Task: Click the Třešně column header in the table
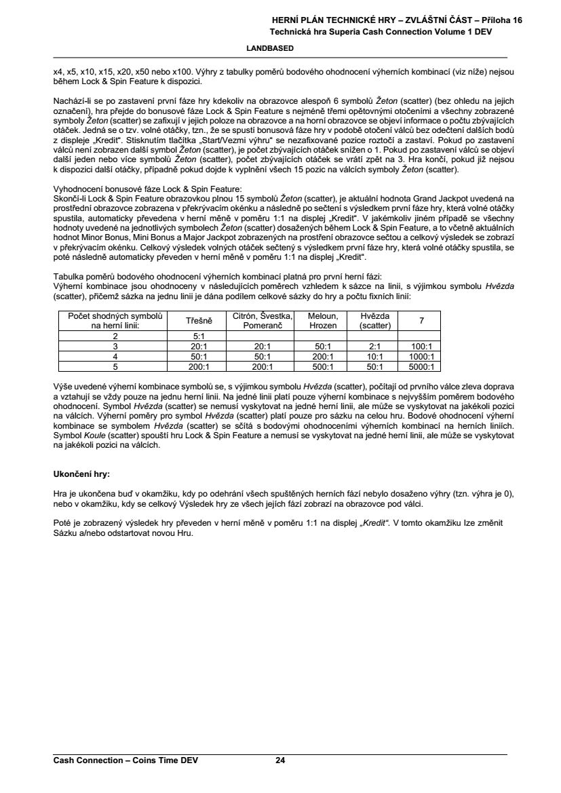tap(199, 321)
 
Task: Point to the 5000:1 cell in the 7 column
tap(421, 366)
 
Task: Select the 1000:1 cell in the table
tap(421, 356)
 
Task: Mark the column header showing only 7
tap(421, 321)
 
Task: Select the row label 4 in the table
tap(115, 356)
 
